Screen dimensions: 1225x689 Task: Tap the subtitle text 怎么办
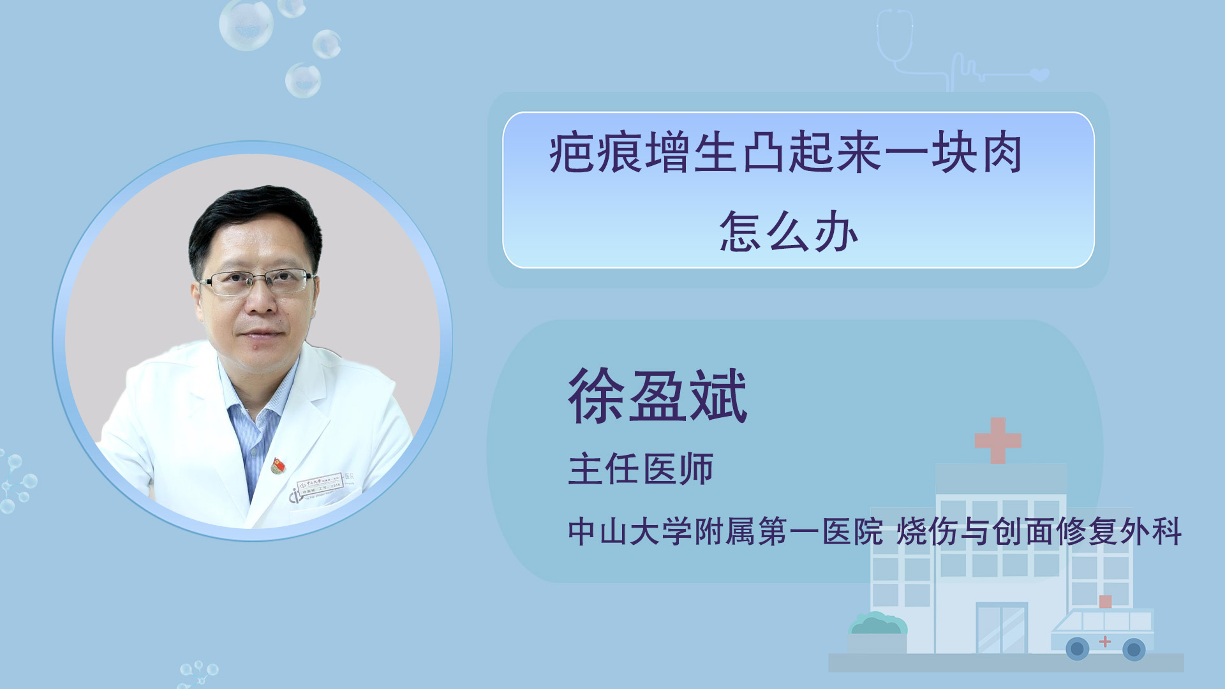(789, 232)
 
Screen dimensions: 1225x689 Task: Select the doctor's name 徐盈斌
(658, 396)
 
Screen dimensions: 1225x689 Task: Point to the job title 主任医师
(641, 470)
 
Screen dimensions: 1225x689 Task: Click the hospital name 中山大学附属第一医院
(725, 531)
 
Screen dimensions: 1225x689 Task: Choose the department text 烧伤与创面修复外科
(1039, 531)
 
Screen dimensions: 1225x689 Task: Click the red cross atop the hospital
(998, 440)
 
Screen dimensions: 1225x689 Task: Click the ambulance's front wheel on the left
(1078, 649)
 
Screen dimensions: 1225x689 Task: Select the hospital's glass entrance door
(1002, 628)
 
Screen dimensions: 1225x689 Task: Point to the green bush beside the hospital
(877, 623)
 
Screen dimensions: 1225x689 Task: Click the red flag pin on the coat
(278, 466)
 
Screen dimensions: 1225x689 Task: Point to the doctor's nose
(260, 300)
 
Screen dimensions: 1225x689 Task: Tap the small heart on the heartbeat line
(1040, 75)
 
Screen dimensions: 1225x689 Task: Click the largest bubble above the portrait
(246, 24)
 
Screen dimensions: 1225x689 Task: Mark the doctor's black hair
(255, 220)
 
